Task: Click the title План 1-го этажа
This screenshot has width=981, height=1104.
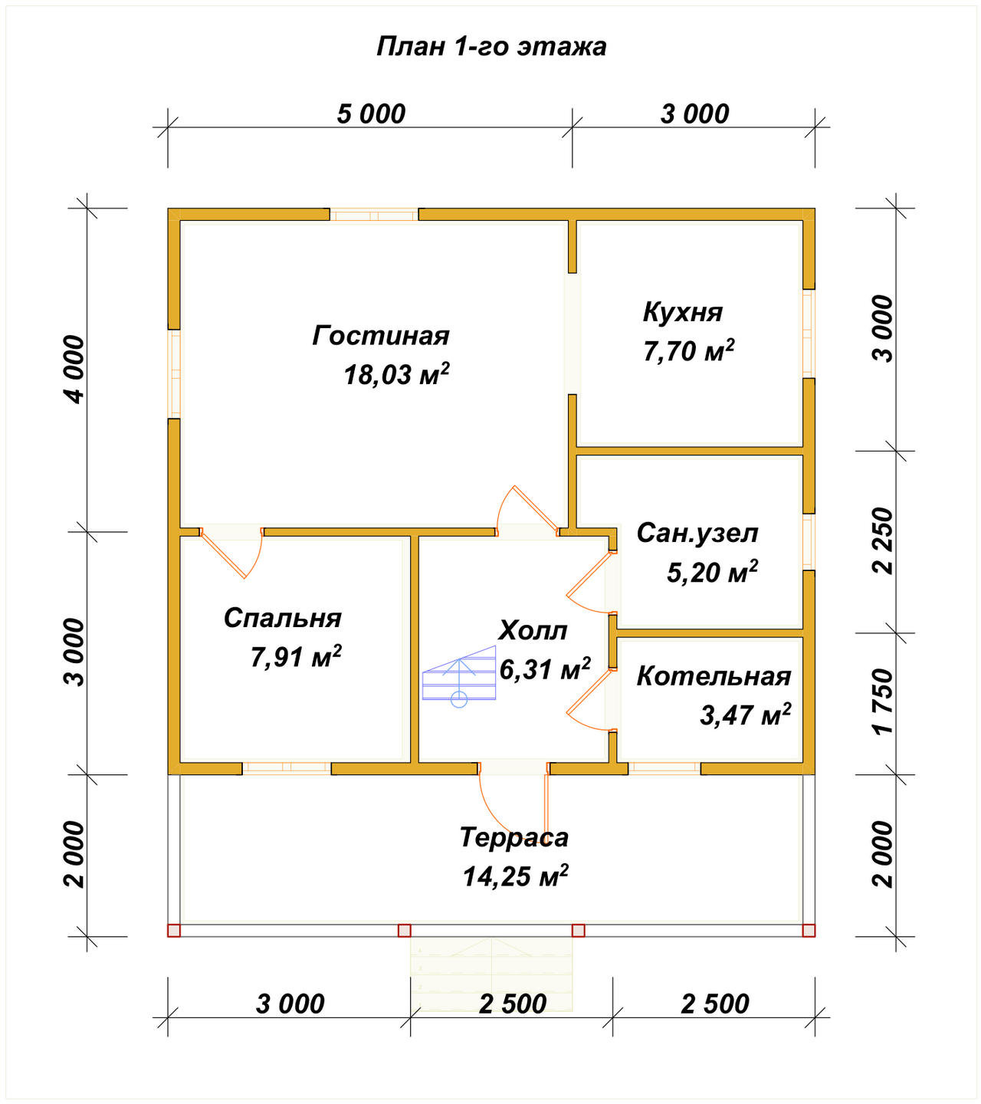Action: click(x=490, y=47)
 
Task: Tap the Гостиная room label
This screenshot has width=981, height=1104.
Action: click(x=381, y=335)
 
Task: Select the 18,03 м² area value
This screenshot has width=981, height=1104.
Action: click(x=396, y=374)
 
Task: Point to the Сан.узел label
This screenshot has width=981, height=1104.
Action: click(x=697, y=534)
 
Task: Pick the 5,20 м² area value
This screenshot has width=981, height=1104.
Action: click(x=713, y=572)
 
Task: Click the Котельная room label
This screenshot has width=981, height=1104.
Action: click(x=714, y=676)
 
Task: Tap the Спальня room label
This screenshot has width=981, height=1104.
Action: click(x=282, y=619)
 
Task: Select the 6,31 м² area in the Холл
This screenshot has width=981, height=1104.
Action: click(x=545, y=669)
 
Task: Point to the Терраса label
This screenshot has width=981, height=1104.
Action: click(x=514, y=837)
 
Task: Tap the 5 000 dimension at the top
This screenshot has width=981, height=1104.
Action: click(x=371, y=114)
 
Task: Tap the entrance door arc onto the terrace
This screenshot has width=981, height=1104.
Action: click(x=501, y=819)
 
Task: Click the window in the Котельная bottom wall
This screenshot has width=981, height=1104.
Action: click(x=664, y=768)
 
